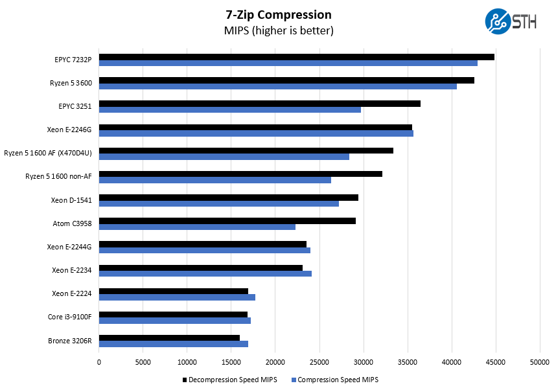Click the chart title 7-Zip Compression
tap(278, 15)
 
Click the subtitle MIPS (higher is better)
tap(278, 30)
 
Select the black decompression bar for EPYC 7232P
tap(296, 57)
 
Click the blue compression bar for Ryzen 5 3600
tap(277, 86)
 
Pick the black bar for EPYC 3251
tap(259, 104)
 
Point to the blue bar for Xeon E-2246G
tap(256, 133)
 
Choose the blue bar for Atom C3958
tap(197, 227)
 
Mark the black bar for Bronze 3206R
tap(169, 337)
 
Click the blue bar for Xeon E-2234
tap(205, 273)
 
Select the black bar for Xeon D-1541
tap(228, 197)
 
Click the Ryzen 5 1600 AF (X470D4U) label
tap(47, 153)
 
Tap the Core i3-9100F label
tap(69, 317)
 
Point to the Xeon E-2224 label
tap(71, 293)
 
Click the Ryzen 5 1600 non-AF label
tap(58, 176)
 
